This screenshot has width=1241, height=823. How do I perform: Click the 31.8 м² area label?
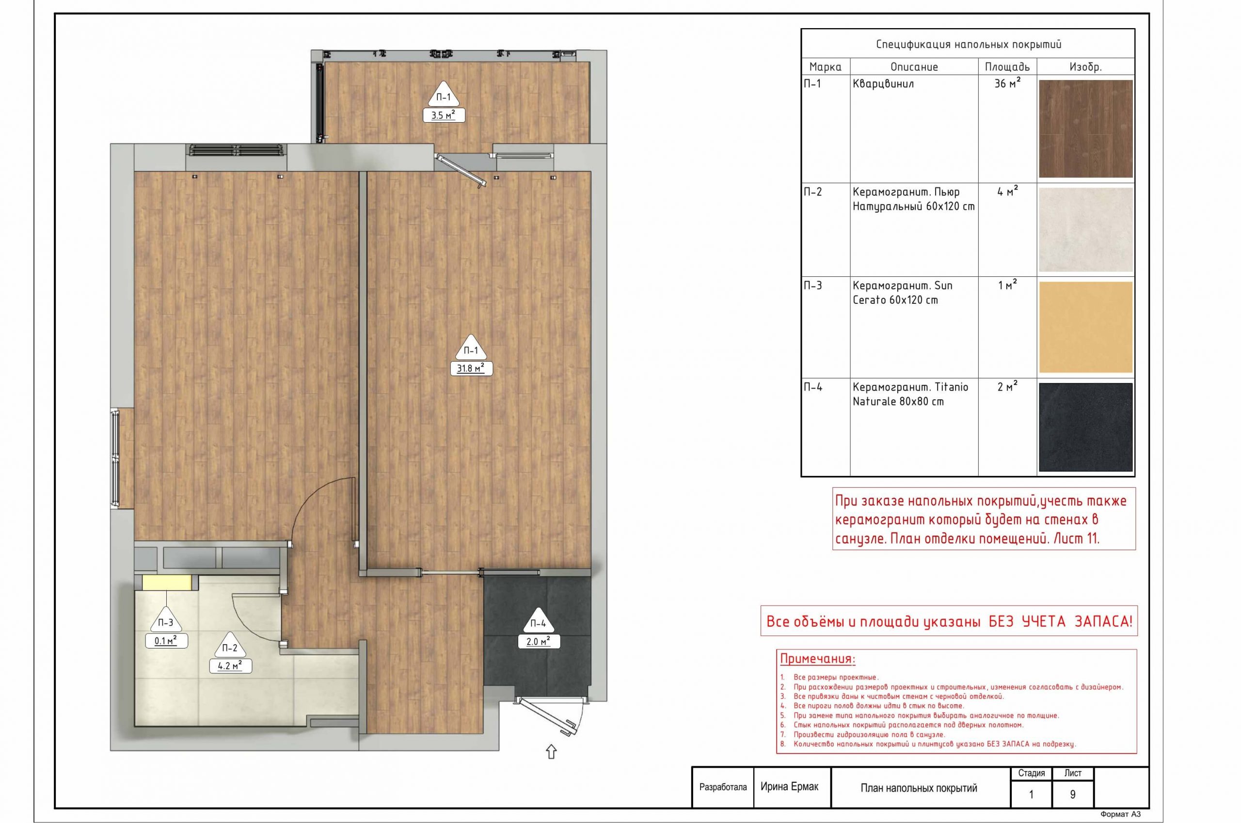click(x=471, y=368)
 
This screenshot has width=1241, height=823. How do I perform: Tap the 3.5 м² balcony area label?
click(x=444, y=115)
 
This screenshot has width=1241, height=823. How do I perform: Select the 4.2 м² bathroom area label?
click(x=230, y=666)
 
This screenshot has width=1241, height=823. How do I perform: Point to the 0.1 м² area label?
click(x=166, y=641)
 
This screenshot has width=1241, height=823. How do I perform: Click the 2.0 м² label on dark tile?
click(x=539, y=641)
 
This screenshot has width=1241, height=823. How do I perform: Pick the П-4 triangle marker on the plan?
click(x=539, y=621)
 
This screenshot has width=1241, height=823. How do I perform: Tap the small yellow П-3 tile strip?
click(x=166, y=583)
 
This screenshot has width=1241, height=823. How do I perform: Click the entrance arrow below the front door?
click(x=551, y=752)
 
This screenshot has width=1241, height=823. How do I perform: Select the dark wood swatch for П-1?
click(x=1085, y=129)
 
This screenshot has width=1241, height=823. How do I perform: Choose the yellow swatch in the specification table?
click(x=1085, y=327)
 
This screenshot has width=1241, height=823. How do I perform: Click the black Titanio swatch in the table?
click(x=1085, y=427)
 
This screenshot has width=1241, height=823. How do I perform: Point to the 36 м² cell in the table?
click(x=1007, y=83)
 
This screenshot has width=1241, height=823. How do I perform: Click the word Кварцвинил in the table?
click(x=883, y=83)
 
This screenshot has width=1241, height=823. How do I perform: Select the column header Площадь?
click(x=1007, y=67)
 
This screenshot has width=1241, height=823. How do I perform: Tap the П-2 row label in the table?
click(x=812, y=191)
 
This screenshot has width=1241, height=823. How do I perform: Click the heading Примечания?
click(x=817, y=659)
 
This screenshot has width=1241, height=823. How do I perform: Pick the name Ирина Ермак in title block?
click(x=789, y=786)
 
